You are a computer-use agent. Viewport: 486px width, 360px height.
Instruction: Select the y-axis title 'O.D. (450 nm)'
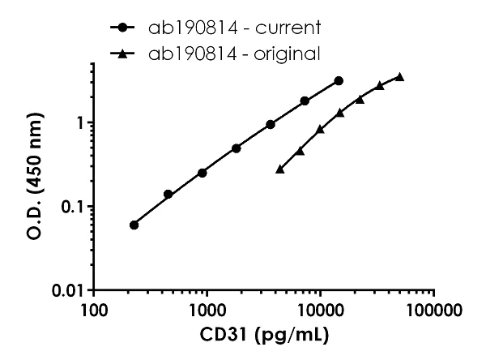coord(32,165)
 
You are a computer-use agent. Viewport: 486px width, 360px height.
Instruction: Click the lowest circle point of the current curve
coord(134,225)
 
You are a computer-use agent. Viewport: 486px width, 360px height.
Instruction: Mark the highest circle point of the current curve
coord(339,81)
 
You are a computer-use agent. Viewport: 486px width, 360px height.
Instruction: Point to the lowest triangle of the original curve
coord(280,169)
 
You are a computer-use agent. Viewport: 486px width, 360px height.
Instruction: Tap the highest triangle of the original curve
coord(399,77)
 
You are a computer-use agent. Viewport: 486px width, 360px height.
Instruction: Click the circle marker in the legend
coord(122,28)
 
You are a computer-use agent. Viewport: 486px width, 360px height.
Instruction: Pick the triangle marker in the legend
coord(122,54)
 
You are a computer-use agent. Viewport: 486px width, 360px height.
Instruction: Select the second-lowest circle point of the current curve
coord(168,194)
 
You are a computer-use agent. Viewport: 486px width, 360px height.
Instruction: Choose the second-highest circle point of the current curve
coord(305,101)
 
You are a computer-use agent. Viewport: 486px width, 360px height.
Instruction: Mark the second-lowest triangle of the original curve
coord(301,150)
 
